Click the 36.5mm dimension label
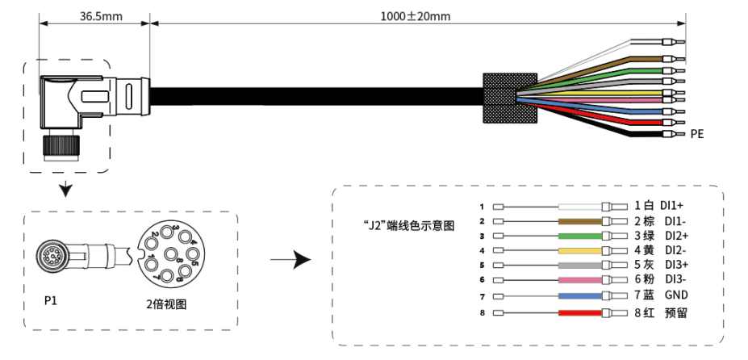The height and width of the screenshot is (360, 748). coord(101,16)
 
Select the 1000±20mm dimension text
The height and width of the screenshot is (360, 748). coord(415,16)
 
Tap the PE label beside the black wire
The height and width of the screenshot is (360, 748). coord(697,134)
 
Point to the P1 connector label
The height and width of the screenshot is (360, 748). coord(50,301)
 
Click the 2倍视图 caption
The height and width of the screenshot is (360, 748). coord(166,304)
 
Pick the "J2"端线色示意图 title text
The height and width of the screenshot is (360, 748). coord(409,225)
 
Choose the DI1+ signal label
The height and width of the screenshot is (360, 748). coord(671,206)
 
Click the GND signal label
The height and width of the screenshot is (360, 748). coord(676,295)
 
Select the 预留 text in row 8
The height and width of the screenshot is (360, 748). coord(676,313)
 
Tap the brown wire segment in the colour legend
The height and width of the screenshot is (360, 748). coord(580,221)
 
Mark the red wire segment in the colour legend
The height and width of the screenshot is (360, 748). coord(580,313)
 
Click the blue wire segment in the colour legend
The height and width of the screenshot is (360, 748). coord(580,296)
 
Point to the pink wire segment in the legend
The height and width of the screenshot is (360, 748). coord(580,280)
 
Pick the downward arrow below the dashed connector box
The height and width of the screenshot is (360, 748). coord(66,190)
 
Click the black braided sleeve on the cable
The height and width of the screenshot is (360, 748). coord(510,98)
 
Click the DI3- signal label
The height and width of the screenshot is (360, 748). coord(673,279)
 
